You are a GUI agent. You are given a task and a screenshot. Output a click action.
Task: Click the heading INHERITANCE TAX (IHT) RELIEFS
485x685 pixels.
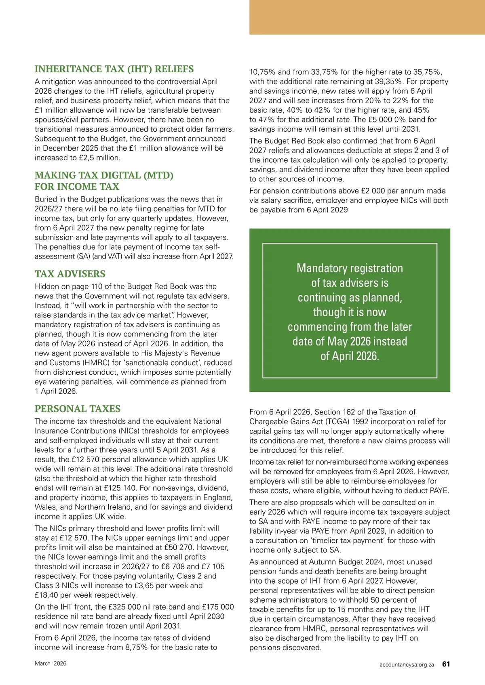(114, 69)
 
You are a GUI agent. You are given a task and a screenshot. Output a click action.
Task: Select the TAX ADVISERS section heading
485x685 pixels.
(70, 274)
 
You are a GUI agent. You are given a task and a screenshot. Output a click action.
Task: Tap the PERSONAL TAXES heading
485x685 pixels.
(78, 409)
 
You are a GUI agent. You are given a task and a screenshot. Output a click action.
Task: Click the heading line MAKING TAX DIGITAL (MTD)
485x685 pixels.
(104, 175)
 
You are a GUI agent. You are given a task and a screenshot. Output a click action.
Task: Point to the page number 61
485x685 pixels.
(446, 664)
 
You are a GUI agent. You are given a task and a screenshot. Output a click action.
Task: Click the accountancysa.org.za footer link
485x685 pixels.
(407, 664)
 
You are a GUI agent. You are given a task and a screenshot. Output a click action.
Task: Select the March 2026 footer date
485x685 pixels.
(51, 664)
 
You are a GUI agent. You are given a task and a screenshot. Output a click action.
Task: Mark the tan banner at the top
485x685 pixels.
(367, 17)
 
